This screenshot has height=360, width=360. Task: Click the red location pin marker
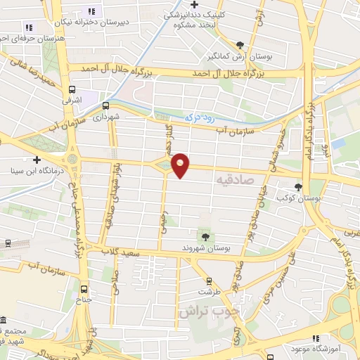181,165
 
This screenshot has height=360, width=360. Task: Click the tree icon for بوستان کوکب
300,187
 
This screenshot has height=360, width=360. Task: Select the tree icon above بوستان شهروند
205,237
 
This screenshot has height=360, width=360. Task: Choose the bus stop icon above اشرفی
72,89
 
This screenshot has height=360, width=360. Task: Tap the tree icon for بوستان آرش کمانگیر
240,44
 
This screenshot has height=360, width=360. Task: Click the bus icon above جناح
85,288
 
